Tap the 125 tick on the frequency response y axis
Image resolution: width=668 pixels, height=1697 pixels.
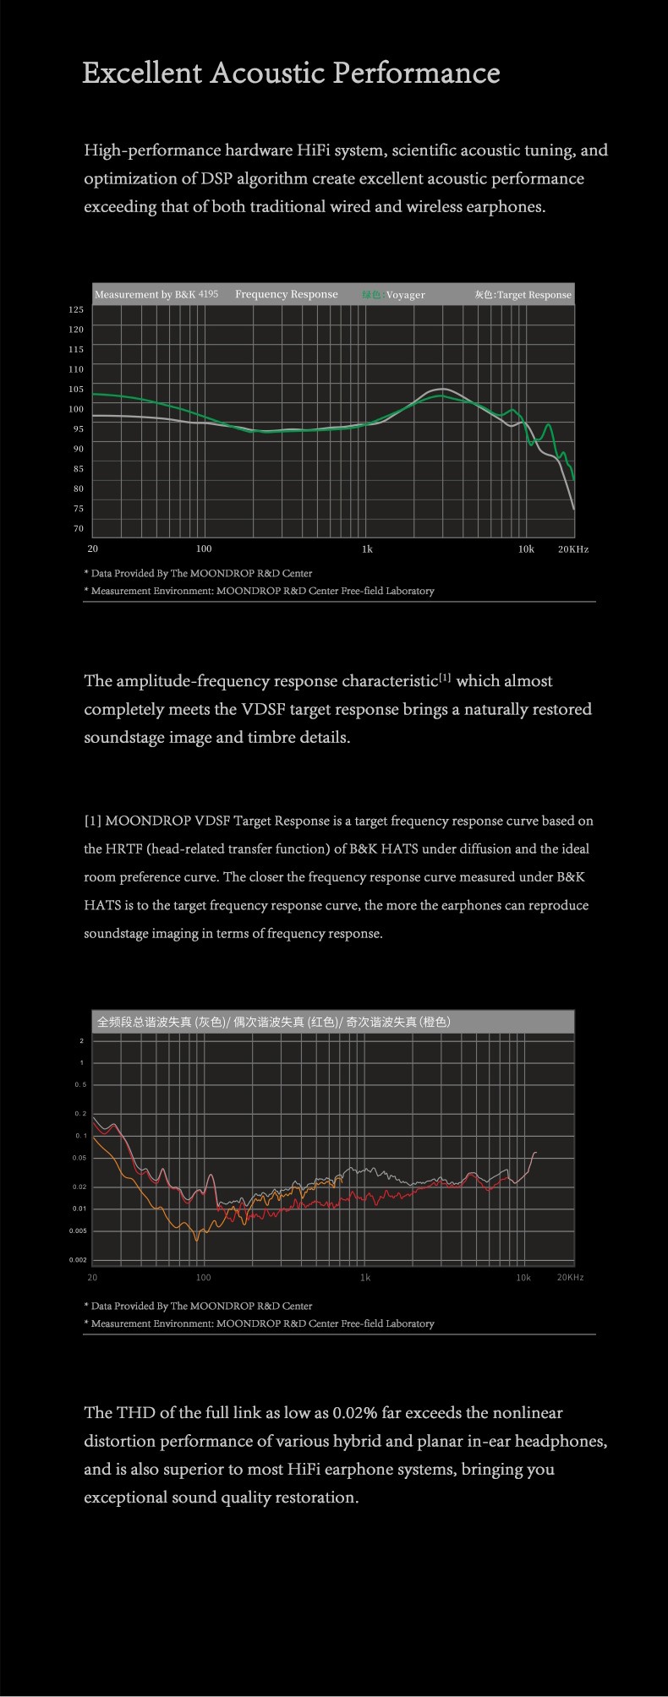(x=76, y=310)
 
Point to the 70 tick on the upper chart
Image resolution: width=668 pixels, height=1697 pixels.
(x=79, y=529)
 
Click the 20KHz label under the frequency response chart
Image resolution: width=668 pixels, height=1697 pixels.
(x=572, y=549)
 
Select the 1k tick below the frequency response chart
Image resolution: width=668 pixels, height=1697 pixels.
(x=366, y=549)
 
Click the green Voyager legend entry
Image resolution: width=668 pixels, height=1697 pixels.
(x=393, y=295)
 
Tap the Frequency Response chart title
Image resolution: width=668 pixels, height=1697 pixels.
(x=286, y=294)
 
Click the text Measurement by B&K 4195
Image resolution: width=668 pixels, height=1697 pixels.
(x=156, y=294)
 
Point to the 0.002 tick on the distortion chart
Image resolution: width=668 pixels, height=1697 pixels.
(x=78, y=1260)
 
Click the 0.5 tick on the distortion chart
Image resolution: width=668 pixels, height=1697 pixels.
(x=79, y=1084)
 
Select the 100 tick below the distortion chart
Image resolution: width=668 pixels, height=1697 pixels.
(x=203, y=1277)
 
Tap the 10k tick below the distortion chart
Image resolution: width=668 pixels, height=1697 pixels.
(x=523, y=1277)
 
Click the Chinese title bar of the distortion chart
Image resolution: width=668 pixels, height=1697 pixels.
(x=274, y=1022)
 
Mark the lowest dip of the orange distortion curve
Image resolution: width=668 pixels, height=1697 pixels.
(x=198, y=1240)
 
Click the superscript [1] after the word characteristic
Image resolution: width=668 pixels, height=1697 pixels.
(x=445, y=679)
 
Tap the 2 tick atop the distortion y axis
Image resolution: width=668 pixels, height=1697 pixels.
(x=81, y=1040)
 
